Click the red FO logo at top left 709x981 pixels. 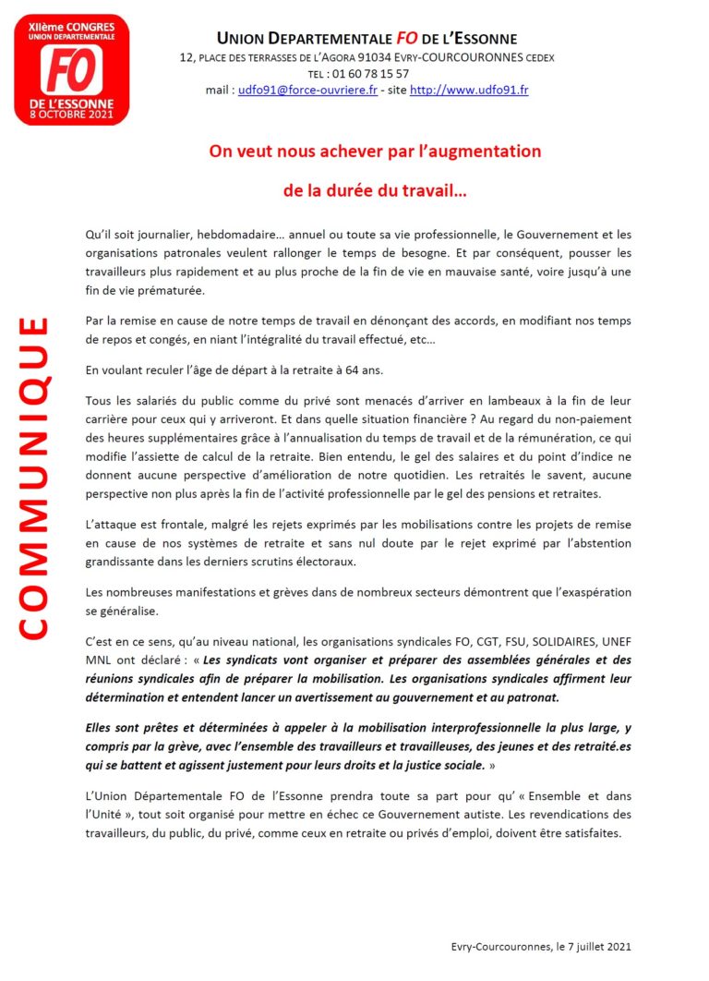click(72, 69)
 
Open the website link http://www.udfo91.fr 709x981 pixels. click(469, 91)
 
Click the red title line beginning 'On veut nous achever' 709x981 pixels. click(374, 150)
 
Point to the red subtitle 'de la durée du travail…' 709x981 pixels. click(374, 192)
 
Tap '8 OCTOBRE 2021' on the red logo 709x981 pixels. click(72, 115)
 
